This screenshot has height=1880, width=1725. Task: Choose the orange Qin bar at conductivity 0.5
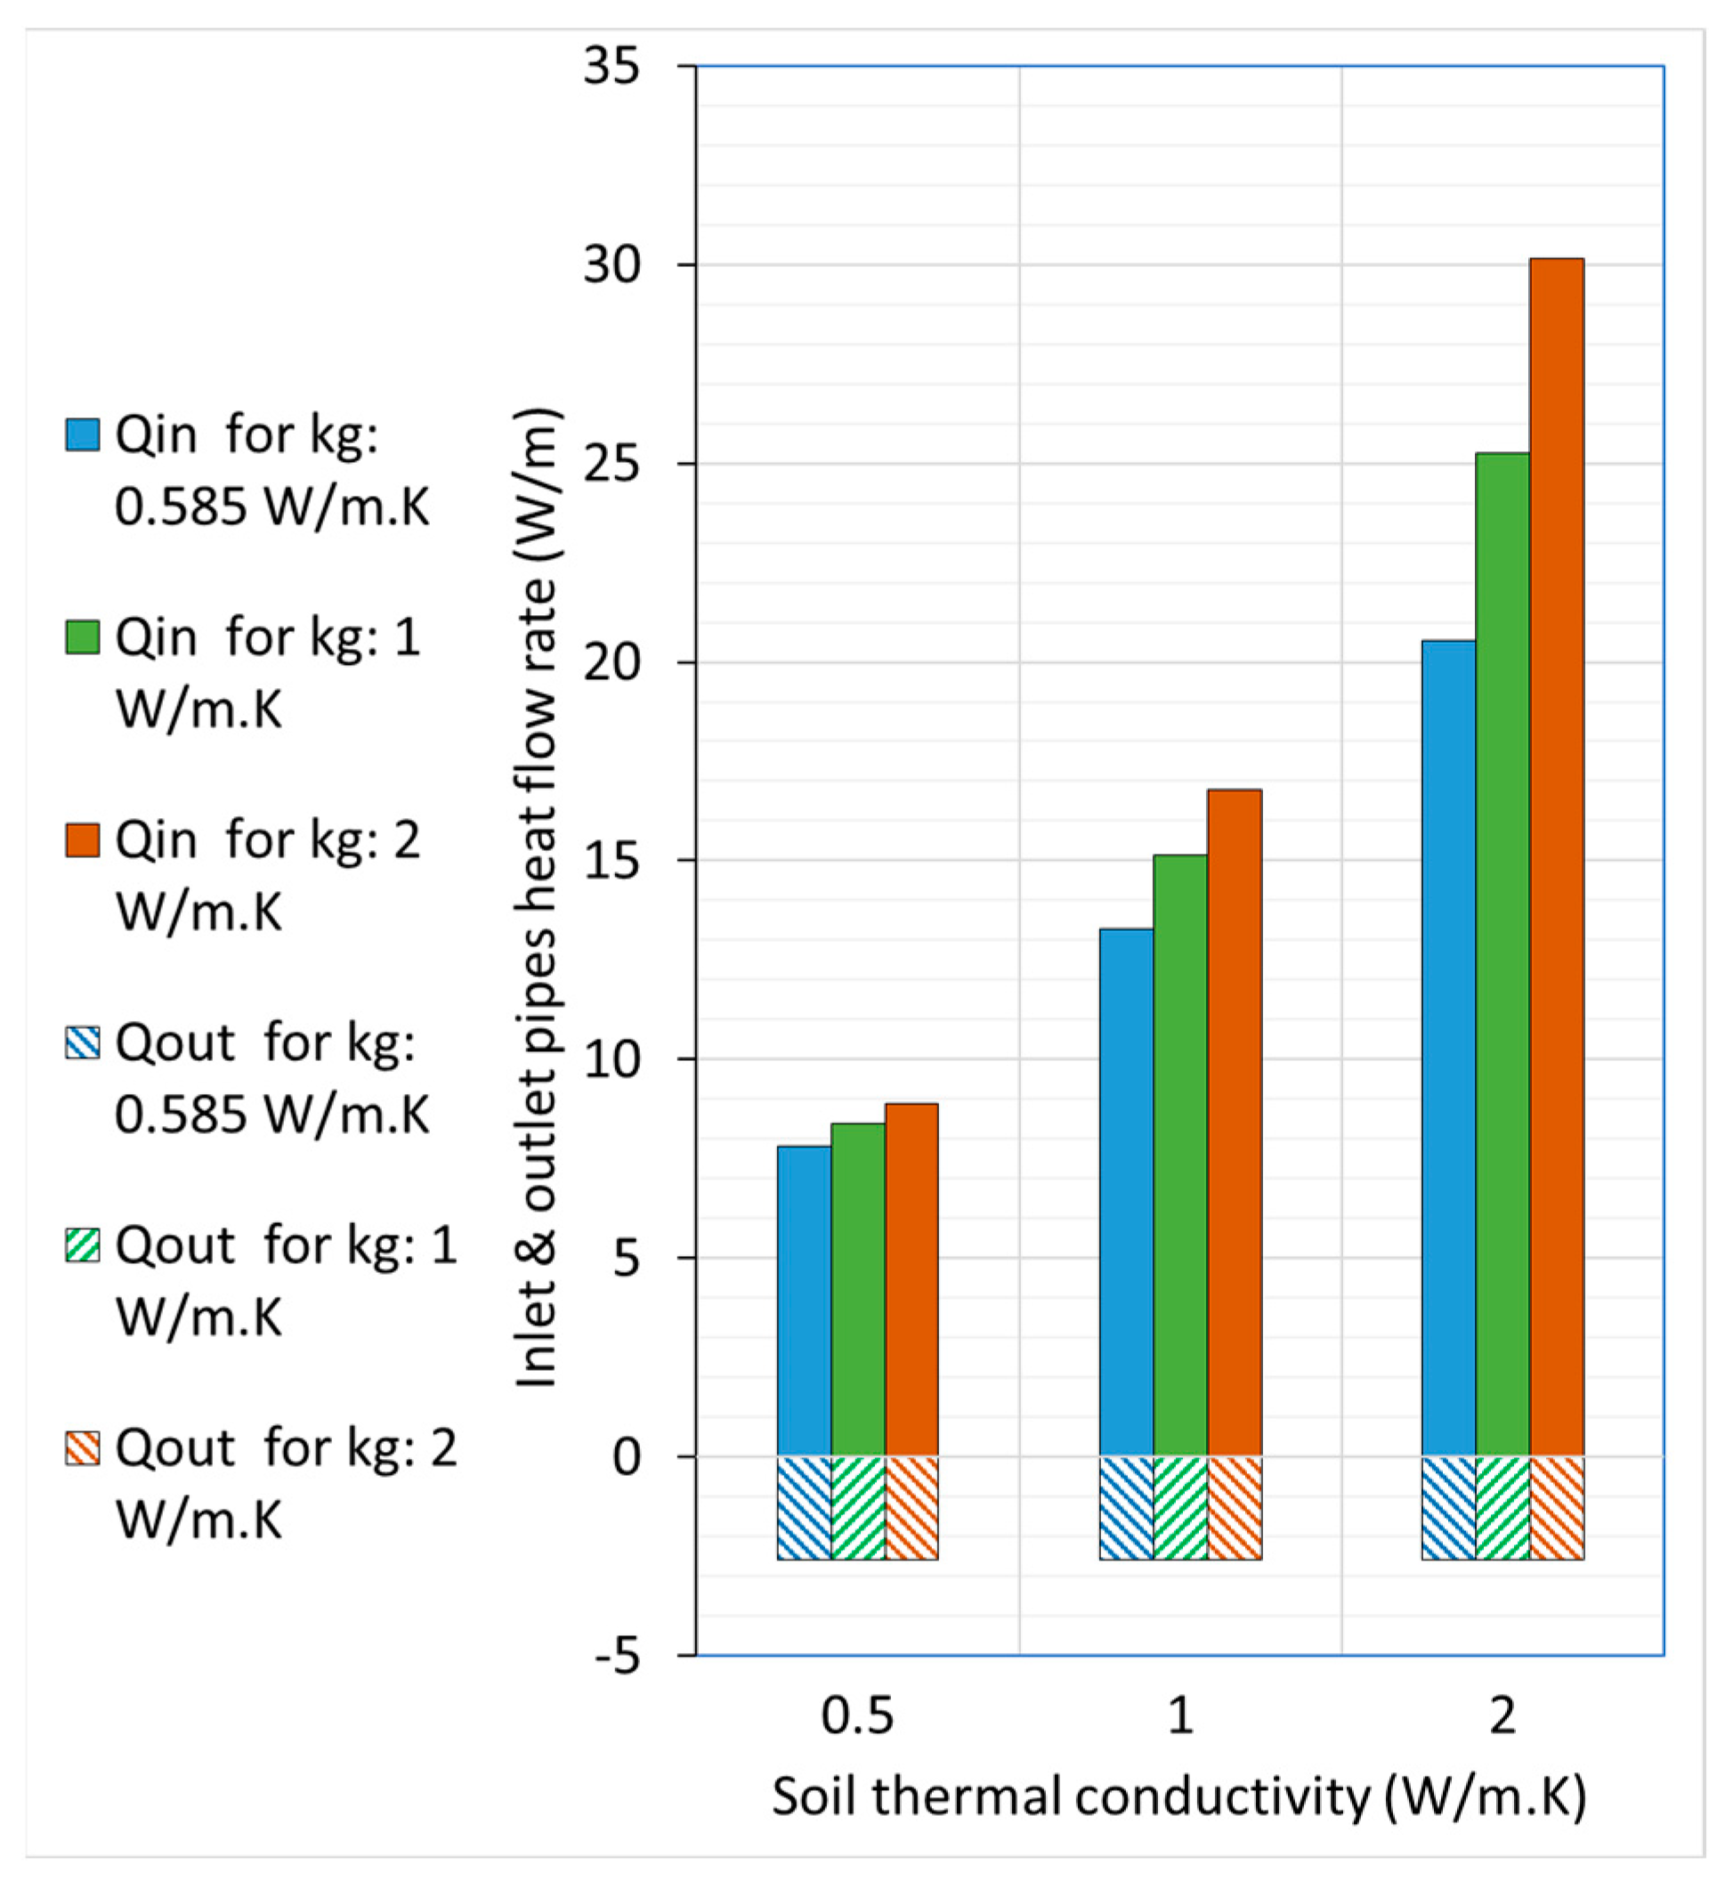coord(911,1279)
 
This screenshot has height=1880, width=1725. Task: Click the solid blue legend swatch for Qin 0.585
coord(82,435)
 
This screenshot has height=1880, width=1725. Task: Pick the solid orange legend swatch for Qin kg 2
coord(82,840)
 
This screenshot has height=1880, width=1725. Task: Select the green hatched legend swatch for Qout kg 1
coord(82,1245)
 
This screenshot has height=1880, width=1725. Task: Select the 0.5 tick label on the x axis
coord(857,1715)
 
